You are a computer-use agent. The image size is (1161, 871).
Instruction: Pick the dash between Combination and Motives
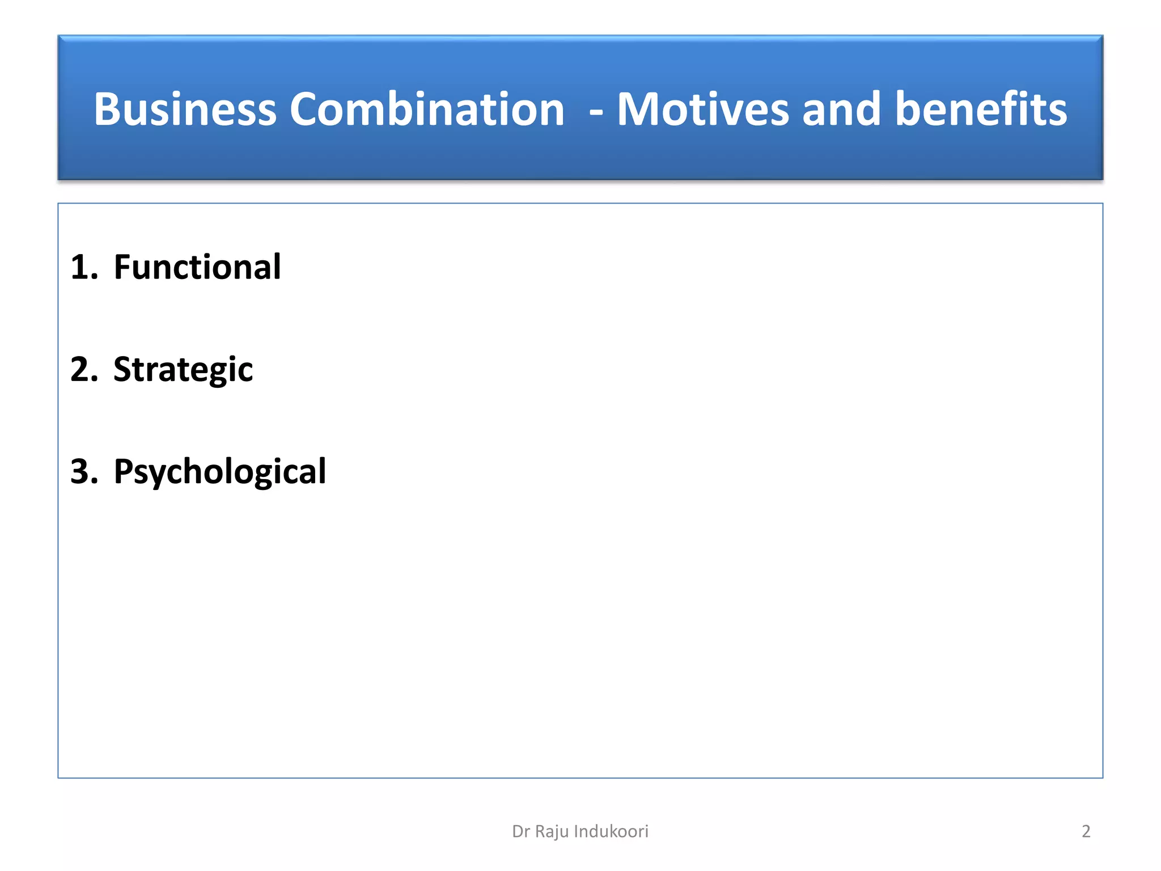[596, 112]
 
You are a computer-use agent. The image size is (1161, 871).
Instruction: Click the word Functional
[197, 267]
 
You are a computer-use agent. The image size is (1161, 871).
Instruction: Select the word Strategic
[183, 370]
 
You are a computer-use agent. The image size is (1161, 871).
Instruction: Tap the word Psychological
[219, 472]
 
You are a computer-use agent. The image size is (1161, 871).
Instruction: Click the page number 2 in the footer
[1086, 831]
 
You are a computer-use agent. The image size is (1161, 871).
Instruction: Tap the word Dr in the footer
[520, 831]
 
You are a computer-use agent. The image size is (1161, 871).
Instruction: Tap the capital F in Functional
[122, 267]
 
